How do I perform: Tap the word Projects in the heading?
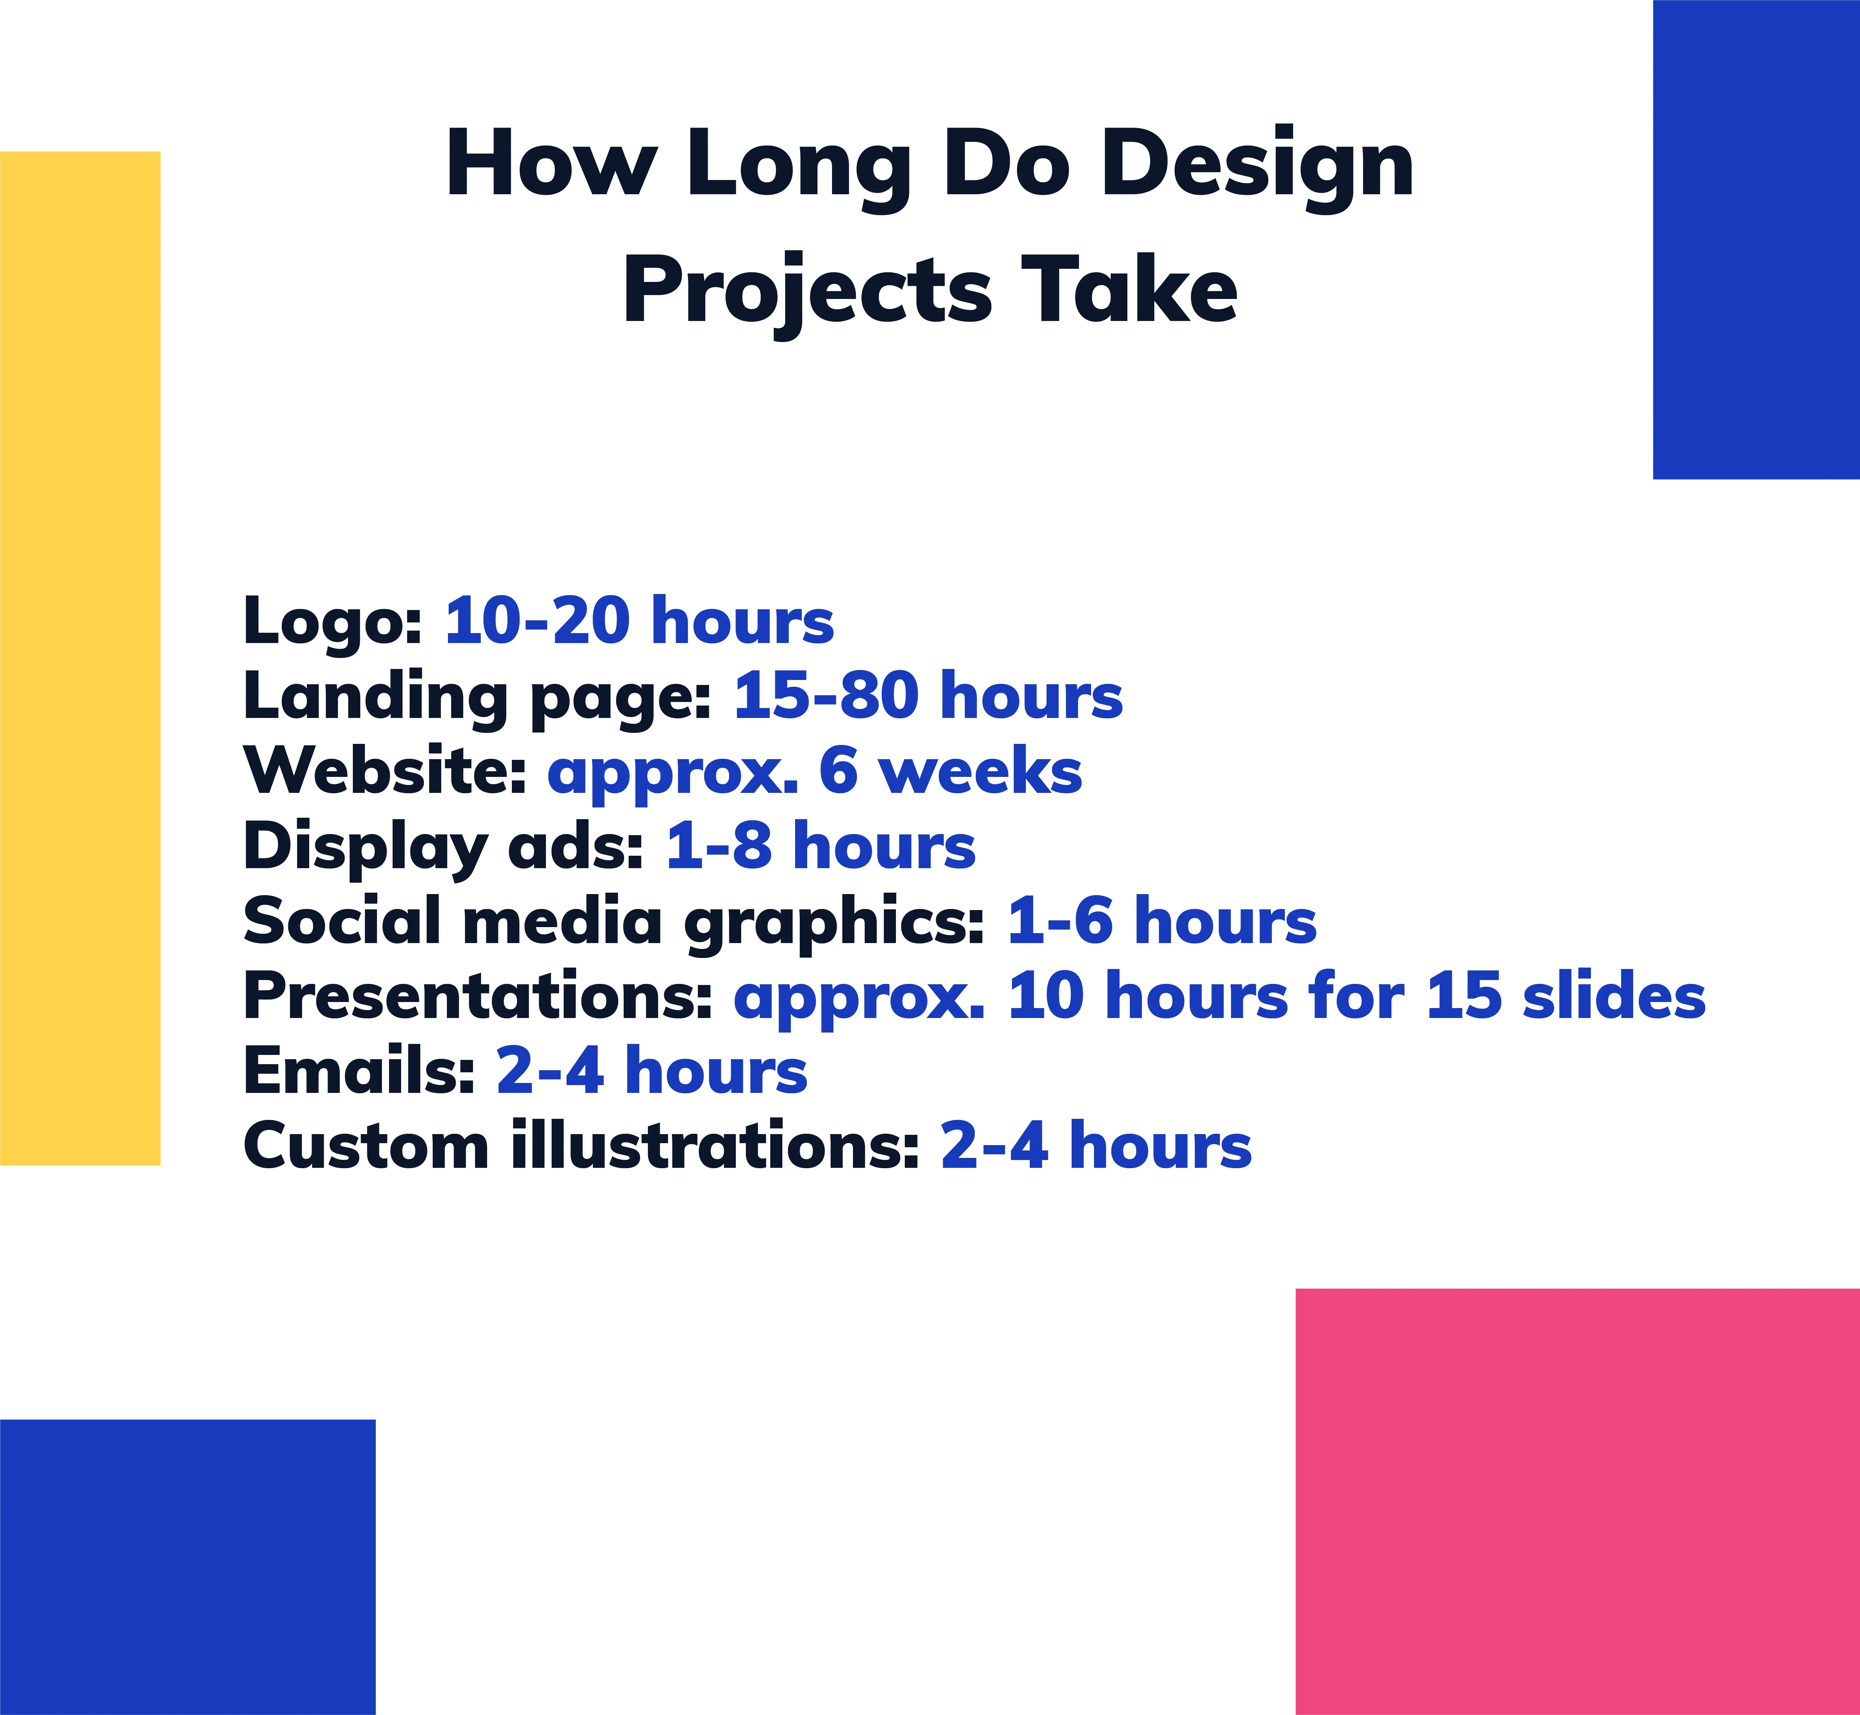807,290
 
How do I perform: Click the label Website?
385,770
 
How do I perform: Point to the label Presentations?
478,996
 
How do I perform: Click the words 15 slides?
1565,996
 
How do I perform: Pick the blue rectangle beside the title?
1756,239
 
